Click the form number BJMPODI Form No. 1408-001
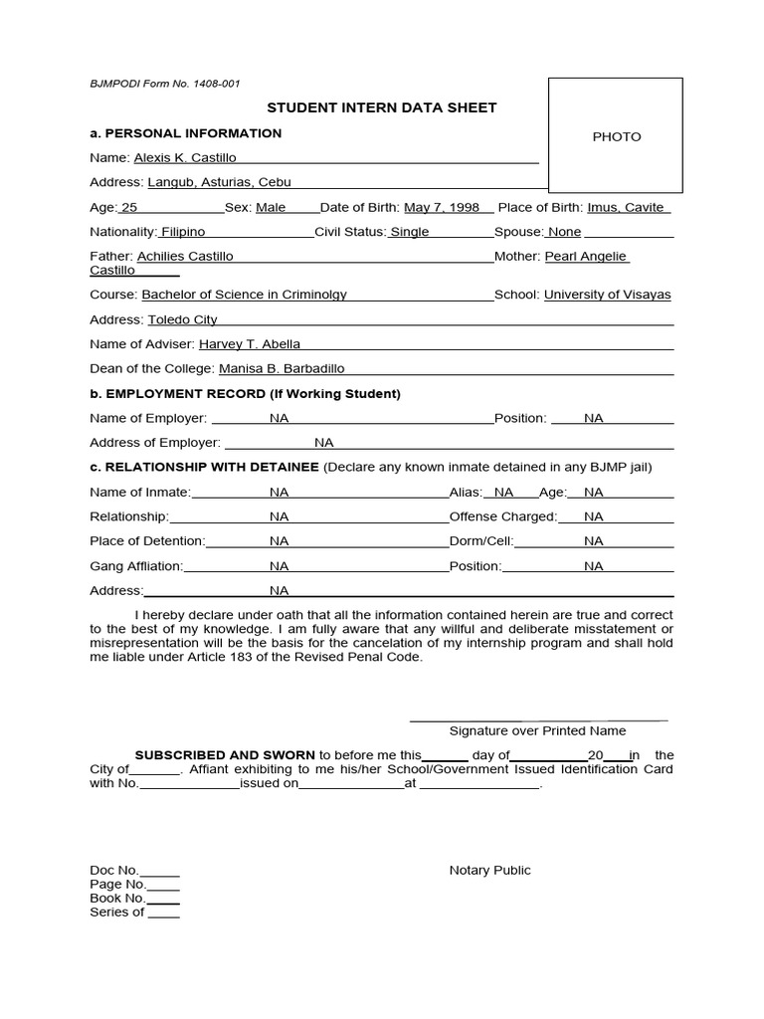pos(164,85)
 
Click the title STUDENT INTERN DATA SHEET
pos(381,107)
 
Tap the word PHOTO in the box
pos(617,136)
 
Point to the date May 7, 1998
pos(442,207)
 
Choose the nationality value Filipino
pos(182,232)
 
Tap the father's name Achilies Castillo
pos(185,256)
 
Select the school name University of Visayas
pos(607,295)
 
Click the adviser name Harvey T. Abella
pos(249,344)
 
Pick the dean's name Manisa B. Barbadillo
pos(282,368)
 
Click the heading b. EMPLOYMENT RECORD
pos(245,393)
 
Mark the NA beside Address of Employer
pos(324,443)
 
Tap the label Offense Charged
pos(502,516)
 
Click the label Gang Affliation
pos(136,566)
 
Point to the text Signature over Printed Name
pos(537,730)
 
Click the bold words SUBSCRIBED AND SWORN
pos(225,755)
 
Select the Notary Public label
pos(489,870)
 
